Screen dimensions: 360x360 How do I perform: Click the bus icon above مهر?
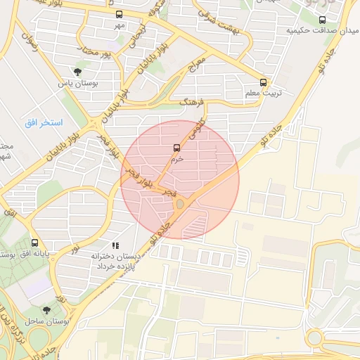pyautogui.click(x=118, y=14)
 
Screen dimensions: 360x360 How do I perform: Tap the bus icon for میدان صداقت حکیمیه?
pyautogui.click(x=322, y=20)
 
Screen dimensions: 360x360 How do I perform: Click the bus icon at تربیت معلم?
pyautogui.click(x=264, y=82)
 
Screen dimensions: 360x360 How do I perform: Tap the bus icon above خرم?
pyautogui.click(x=176, y=148)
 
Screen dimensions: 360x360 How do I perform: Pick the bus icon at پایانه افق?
pyautogui.click(x=34, y=243)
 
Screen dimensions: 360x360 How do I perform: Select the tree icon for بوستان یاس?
pyautogui.click(x=77, y=71)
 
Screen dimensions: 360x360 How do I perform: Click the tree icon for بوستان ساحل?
pyautogui.click(x=47, y=309)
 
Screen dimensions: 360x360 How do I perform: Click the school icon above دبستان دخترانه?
pyautogui.click(x=115, y=245)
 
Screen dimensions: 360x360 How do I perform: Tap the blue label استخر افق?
pyautogui.click(x=43, y=123)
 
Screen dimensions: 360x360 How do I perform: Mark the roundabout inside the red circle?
pyautogui.click(x=180, y=204)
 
